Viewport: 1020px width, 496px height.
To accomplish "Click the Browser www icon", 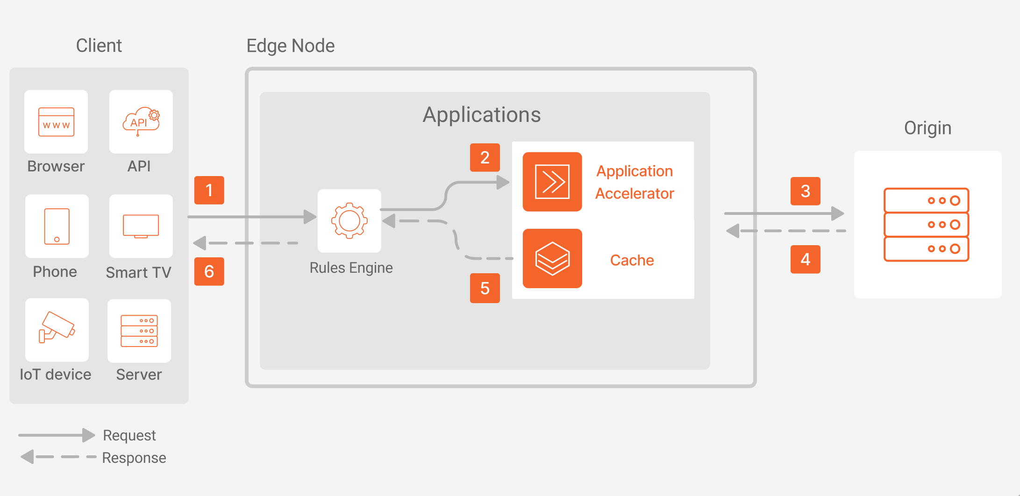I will coord(56,122).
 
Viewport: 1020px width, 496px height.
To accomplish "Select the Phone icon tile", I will coord(57,226).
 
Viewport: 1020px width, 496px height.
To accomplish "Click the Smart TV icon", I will coord(141,226).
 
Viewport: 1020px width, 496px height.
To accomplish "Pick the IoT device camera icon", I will coord(57,329).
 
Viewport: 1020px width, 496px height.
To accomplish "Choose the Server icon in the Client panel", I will coord(139,331).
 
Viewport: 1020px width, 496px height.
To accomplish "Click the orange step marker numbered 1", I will coord(209,190).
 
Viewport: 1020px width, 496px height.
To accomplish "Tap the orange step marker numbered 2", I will coord(485,157).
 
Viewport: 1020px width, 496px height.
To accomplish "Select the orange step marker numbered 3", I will coord(805,191).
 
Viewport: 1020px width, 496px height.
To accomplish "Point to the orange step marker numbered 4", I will coord(805,259).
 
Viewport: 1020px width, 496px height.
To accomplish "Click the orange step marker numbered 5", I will coord(485,288).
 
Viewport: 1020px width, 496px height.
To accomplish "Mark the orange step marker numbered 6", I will coord(209,271).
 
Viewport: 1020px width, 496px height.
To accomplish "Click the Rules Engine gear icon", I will coord(349,220).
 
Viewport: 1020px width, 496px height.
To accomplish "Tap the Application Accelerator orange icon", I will coord(552,182).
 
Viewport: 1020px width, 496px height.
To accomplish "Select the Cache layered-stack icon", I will coord(552,258).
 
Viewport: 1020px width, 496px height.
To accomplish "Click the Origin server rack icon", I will coord(926,225).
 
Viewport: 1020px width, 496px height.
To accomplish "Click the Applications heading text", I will coord(481,115).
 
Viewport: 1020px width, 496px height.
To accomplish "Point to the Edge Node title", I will coord(290,46).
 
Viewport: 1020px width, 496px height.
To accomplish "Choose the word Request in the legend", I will coord(129,435).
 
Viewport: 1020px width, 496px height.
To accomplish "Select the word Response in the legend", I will coord(134,458).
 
